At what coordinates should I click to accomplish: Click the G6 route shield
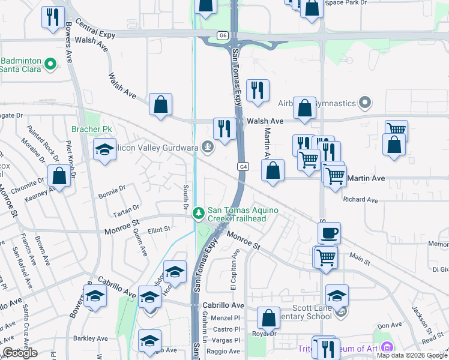click(x=223, y=36)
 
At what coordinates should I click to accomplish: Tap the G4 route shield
click(x=243, y=166)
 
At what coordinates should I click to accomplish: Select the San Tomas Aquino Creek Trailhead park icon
click(x=199, y=213)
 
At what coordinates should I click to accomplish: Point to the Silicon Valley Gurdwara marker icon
click(x=208, y=146)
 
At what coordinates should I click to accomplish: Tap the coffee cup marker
click(x=328, y=232)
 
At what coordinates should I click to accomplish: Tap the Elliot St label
click(x=159, y=229)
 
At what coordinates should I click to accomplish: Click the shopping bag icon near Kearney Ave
click(x=59, y=175)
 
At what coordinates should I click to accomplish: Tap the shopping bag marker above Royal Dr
click(x=269, y=317)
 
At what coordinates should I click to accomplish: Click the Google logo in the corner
click(x=20, y=353)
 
